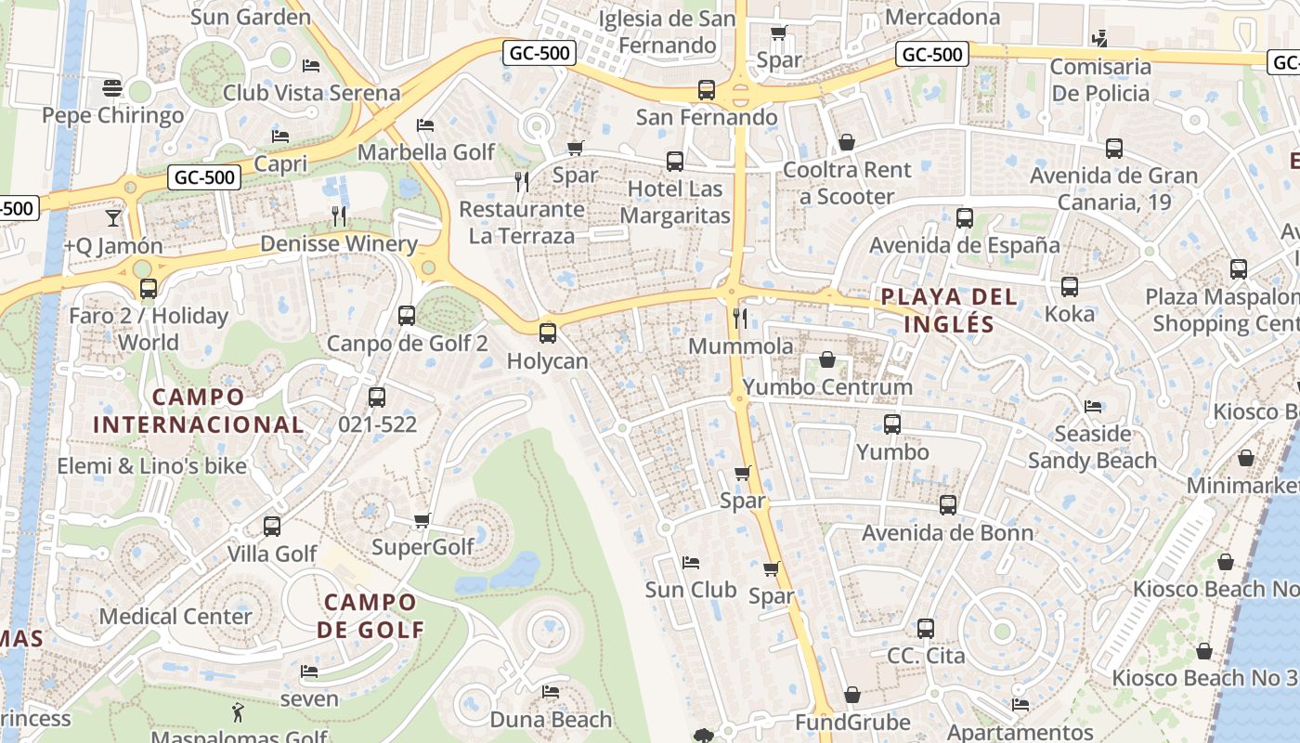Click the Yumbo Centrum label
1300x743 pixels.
(x=827, y=386)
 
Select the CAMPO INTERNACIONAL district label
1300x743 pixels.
(x=198, y=411)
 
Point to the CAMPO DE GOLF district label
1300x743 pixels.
(x=370, y=616)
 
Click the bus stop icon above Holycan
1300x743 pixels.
(x=548, y=332)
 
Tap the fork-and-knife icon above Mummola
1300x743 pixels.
(x=740, y=319)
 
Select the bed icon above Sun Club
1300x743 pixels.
(x=690, y=562)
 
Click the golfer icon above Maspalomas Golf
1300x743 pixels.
(x=239, y=713)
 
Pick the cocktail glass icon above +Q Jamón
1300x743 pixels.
(x=113, y=218)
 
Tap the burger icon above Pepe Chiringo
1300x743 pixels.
(x=112, y=88)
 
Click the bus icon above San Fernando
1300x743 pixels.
(x=707, y=90)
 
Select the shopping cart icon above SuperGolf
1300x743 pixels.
(x=422, y=520)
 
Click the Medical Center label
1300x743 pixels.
(x=175, y=616)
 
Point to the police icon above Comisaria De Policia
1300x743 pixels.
(x=1100, y=39)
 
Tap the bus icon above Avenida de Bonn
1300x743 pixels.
(x=947, y=505)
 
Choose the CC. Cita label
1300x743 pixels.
(x=926, y=656)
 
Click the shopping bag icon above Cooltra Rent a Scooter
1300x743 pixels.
(x=847, y=142)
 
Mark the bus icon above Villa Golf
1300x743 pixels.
(x=272, y=527)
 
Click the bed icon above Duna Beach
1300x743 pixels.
(x=551, y=692)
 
